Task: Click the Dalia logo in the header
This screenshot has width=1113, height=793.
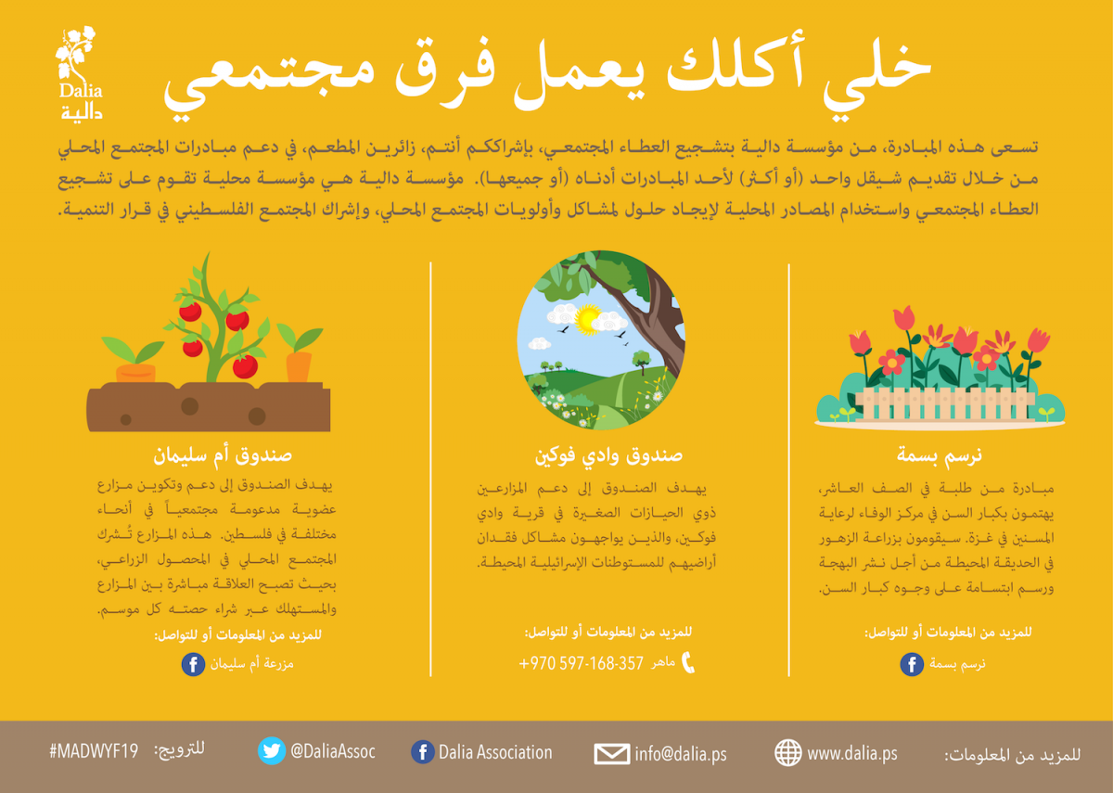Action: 80,73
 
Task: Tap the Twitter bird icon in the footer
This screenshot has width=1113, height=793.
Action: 272,750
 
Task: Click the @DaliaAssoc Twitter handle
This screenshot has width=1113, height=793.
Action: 333,750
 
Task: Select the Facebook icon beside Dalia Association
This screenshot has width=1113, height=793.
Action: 423,752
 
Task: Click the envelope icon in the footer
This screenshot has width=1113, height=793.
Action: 611,754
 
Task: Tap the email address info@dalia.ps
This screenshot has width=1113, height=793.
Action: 681,754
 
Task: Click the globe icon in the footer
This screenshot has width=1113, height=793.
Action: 788,752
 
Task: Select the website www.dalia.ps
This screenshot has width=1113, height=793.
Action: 852,753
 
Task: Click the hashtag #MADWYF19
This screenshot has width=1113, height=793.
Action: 94,750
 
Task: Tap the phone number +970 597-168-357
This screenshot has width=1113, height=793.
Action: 581,663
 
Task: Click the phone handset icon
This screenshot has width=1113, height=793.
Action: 688,662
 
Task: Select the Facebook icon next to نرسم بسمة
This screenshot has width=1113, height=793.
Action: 912,664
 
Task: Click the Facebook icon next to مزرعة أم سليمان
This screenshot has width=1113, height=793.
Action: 193,664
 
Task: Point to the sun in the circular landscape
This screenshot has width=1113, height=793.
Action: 588,319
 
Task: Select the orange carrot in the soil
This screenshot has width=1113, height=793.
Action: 299,366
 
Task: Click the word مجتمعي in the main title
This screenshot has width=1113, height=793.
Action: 269,81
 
